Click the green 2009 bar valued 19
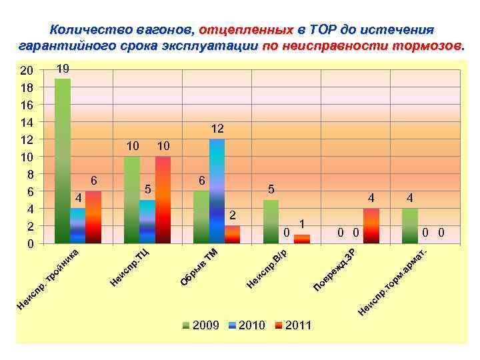coord(63,161)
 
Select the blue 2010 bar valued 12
coord(217,191)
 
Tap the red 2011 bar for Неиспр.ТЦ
coord(163,199)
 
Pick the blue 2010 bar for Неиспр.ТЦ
coord(147,221)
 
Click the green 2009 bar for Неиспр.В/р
coord(271,221)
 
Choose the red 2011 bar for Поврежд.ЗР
coord(371,226)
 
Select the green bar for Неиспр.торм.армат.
coord(410,226)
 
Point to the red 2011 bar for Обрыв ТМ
coord(232,235)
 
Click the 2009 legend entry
coord(201,325)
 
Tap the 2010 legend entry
coord(246,325)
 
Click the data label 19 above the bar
coord(63,69)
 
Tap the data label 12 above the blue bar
coord(217,128)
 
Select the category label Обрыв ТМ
coord(200,267)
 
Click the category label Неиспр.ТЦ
coord(131,269)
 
